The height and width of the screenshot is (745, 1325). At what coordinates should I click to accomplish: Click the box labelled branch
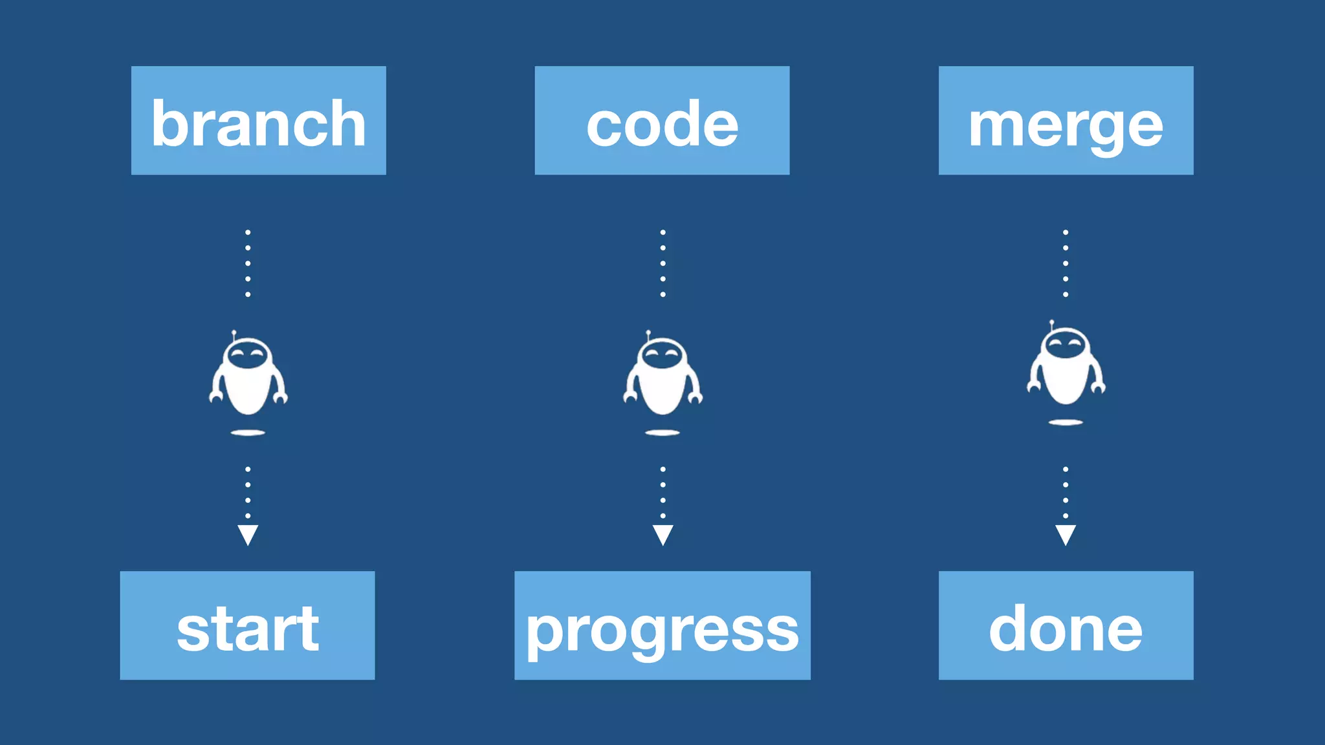coord(258,120)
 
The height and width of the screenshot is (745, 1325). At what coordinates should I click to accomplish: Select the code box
coord(662,120)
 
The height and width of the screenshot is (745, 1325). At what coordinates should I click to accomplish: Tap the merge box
coord(1066,120)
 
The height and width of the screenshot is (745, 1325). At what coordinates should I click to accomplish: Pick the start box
coord(247,625)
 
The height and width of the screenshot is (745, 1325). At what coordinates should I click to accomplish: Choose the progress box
coord(662,625)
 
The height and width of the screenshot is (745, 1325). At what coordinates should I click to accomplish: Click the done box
coord(1066,625)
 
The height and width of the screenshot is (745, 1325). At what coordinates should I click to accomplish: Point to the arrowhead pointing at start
coord(248,534)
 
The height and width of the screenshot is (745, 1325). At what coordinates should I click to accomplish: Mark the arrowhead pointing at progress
coord(662,534)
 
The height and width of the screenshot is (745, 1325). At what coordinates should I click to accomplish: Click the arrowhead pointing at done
coord(1066,534)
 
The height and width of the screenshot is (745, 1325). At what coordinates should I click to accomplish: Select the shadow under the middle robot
coord(662,433)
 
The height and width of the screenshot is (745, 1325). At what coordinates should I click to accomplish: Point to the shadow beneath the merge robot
coord(1066,422)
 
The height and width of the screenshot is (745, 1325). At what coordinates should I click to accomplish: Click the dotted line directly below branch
coord(248,263)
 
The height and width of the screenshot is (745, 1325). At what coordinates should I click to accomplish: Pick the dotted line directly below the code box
coord(662,263)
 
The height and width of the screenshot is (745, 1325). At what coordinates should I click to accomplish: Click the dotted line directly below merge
coord(1066,263)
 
